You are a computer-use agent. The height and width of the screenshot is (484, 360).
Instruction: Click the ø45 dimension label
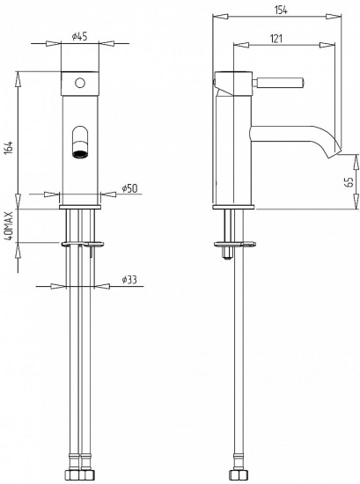79,36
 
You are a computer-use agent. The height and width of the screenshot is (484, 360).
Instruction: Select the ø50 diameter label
129,188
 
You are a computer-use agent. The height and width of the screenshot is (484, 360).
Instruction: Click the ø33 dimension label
129,280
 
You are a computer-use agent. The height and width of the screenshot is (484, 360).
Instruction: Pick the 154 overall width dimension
281,11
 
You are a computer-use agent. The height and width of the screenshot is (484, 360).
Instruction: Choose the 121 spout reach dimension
276,39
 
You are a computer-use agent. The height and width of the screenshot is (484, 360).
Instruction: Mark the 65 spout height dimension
349,182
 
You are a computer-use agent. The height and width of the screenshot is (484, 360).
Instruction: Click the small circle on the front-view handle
80,83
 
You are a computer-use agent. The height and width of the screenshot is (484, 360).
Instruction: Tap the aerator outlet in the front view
80,154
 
